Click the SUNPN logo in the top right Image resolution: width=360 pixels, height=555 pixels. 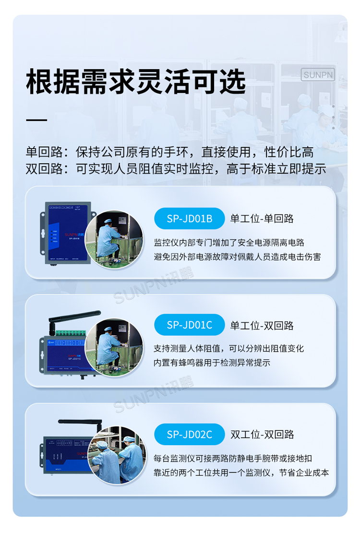(x=318, y=75)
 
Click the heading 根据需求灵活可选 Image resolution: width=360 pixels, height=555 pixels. (x=135, y=82)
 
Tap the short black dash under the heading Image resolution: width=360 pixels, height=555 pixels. (x=36, y=119)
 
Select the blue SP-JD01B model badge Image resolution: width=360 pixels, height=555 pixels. (x=189, y=218)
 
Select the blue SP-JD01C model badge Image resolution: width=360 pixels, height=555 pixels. (x=189, y=325)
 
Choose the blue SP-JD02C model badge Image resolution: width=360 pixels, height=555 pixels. (x=189, y=434)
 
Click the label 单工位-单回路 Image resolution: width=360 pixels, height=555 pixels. (x=262, y=219)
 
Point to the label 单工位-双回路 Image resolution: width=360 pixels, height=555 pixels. (x=262, y=325)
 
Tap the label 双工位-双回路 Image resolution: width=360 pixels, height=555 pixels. (x=262, y=435)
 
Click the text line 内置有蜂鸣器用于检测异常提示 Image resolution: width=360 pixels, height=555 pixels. (x=212, y=363)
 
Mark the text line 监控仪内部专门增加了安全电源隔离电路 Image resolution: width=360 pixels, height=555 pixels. (x=229, y=243)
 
